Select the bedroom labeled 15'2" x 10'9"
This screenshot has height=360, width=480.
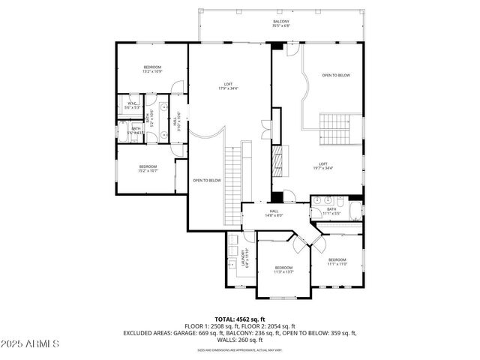[152, 69]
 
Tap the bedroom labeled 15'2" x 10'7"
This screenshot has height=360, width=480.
[147, 168]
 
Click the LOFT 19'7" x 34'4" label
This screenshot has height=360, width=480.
[324, 166]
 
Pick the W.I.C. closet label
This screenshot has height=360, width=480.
[131, 106]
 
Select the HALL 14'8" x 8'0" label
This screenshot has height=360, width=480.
[274, 213]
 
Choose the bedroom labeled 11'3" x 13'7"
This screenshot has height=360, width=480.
[283, 269]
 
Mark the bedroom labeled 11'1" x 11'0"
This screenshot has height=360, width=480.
[337, 262]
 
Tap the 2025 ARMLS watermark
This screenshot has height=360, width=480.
[30, 343]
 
